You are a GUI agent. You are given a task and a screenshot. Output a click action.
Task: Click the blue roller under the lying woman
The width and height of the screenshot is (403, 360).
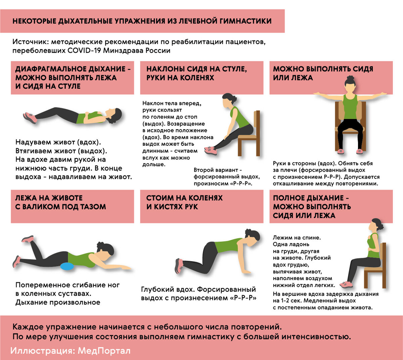pyautogui.click(x=66, y=267)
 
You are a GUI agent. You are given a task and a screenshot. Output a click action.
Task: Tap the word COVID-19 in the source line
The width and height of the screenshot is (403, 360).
pyautogui.click(x=84, y=51)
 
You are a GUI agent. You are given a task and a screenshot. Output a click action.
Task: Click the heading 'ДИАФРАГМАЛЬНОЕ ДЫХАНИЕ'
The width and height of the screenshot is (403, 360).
pyautogui.click(x=70, y=69)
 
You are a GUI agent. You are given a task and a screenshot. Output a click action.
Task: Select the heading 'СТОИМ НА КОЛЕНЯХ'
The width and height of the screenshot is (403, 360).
pyautogui.click(x=184, y=198)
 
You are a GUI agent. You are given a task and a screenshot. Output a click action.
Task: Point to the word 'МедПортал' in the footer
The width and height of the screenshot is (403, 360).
pyautogui.click(x=104, y=351)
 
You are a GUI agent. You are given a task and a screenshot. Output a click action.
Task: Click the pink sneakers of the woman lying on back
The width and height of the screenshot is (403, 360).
pyautogui.click(x=30, y=118)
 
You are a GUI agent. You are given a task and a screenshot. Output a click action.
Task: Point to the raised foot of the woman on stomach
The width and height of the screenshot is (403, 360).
pyautogui.click(x=28, y=239)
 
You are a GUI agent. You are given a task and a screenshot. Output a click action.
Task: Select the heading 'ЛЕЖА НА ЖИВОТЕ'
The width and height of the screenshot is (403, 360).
pyautogui.click(x=49, y=198)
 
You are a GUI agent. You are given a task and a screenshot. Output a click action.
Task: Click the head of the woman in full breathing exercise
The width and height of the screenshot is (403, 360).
pyautogui.click(x=376, y=226)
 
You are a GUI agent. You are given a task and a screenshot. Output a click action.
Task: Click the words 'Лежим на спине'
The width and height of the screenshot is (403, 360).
pyautogui.click(x=297, y=237)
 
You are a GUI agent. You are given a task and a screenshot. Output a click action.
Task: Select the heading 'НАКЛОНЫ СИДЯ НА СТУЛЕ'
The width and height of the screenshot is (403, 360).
pyautogui.click(x=196, y=69)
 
